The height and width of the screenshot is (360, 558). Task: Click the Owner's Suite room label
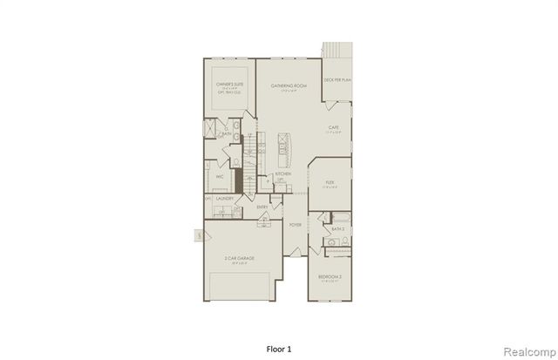point(228,85)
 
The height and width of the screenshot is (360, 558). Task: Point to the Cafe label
point(333,127)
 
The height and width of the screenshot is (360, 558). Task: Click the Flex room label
point(330,182)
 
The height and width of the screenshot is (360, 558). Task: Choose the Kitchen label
point(283,174)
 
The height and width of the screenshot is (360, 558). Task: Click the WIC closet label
point(221,176)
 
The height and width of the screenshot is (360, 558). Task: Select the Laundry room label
point(224,199)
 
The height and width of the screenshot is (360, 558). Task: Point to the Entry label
point(262,207)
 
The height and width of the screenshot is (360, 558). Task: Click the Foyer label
point(295,224)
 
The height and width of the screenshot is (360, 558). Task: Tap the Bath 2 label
point(337,229)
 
